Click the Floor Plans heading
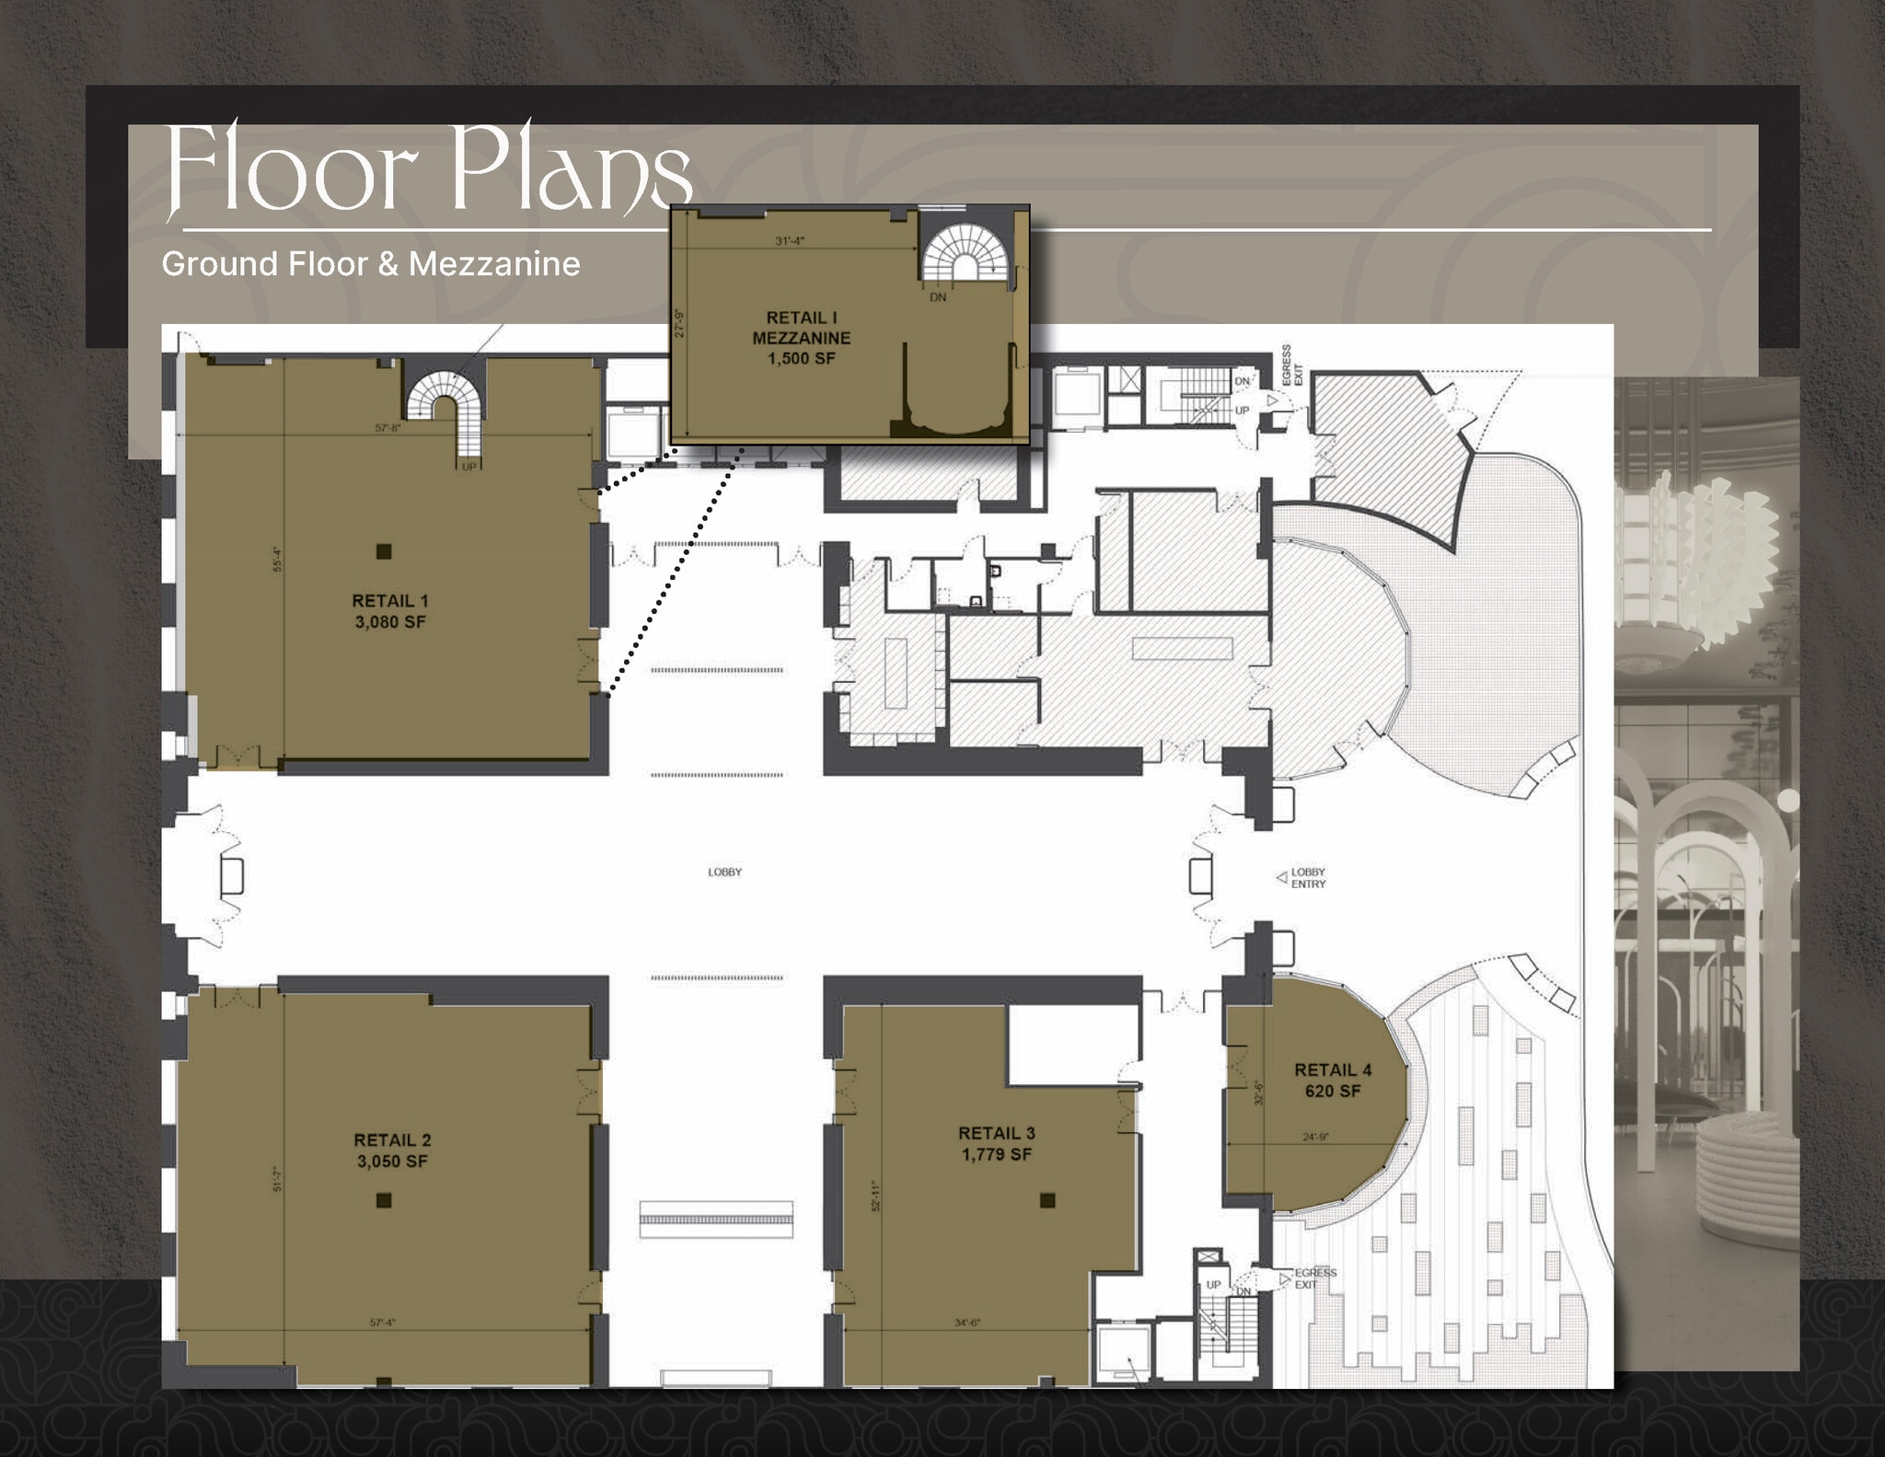tap(428, 170)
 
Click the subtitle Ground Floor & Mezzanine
tap(371, 264)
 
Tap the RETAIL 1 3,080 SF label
tap(390, 611)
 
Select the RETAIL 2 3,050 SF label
tap(392, 1151)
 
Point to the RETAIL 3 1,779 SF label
tap(997, 1144)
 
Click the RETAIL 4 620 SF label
tap(1333, 1081)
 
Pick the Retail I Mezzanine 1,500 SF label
tap(801, 338)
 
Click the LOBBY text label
tap(724, 872)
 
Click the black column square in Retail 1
tap(385, 551)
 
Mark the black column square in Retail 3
tap(1047, 1200)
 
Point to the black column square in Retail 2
tap(385, 1199)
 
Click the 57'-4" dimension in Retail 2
tap(383, 1323)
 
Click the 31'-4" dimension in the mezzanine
tap(790, 241)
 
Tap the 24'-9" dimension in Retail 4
tap(1315, 1137)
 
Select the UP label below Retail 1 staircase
tap(469, 467)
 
